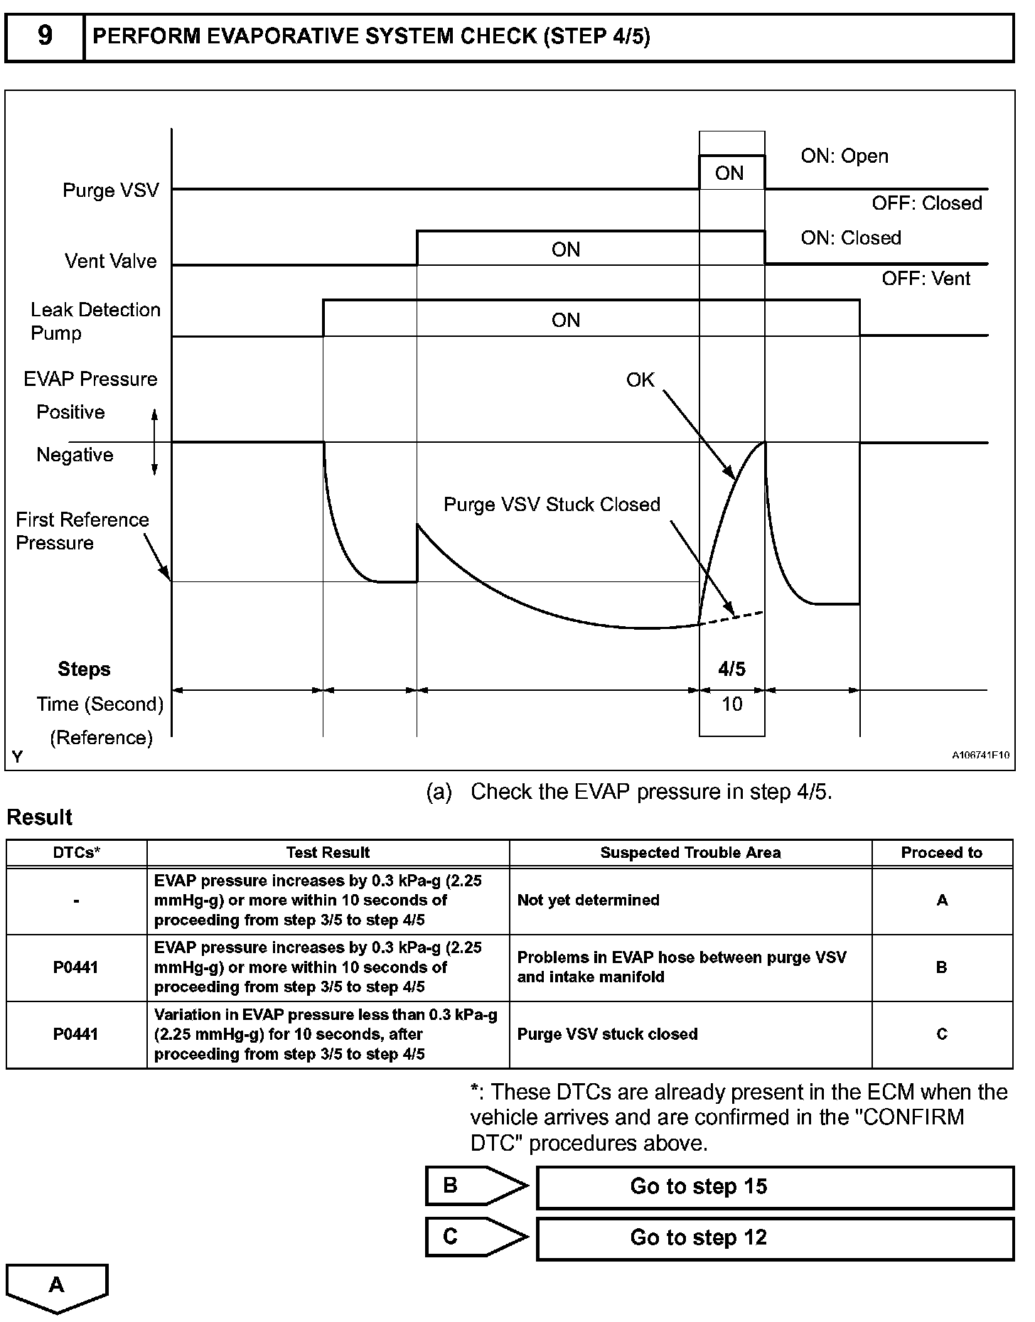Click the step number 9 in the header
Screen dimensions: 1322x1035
click(44, 36)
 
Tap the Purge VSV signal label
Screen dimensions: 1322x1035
click(111, 190)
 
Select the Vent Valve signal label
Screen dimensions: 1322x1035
click(111, 261)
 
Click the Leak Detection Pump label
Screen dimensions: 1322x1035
click(95, 321)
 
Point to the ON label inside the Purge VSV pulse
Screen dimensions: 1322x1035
click(729, 173)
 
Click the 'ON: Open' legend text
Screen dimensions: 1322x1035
click(844, 156)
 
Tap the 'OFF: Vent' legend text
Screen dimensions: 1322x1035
click(926, 279)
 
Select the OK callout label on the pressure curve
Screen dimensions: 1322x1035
click(640, 380)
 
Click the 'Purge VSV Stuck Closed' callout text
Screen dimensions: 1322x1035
click(552, 505)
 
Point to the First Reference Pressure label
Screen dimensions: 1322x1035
click(82, 531)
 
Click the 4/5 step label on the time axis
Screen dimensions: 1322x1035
click(732, 669)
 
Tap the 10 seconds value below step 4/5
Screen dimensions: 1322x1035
click(732, 704)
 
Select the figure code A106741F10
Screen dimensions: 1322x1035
click(980, 756)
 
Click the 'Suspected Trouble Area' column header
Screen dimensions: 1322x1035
click(690, 853)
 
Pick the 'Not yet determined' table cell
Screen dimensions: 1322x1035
click(589, 901)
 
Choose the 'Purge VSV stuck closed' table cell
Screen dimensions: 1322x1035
click(608, 1034)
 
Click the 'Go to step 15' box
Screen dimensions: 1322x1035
click(775, 1187)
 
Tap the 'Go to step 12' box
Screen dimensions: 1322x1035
click(775, 1238)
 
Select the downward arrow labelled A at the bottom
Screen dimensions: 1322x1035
click(57, 1286)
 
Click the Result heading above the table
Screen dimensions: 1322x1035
click(40, 817)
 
